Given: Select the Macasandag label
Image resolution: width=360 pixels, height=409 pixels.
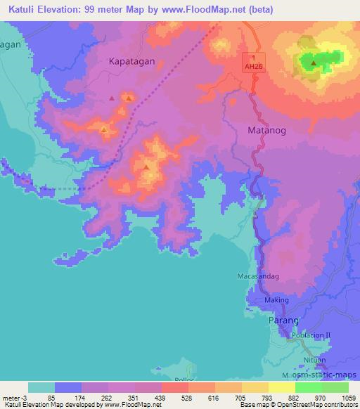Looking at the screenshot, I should (x=259, y=276).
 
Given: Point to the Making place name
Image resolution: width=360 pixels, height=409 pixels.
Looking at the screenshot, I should (x=276, y=300).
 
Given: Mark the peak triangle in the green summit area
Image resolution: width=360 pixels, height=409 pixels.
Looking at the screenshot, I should (x=313, y=63).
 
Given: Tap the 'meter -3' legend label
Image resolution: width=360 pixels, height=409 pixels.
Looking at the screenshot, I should (x=13, y=399).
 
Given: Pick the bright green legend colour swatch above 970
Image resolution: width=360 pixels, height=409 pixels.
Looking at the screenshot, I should (x=308, y=387).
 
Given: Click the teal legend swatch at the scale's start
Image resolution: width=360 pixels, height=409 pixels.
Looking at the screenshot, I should (x=41, y=387).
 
